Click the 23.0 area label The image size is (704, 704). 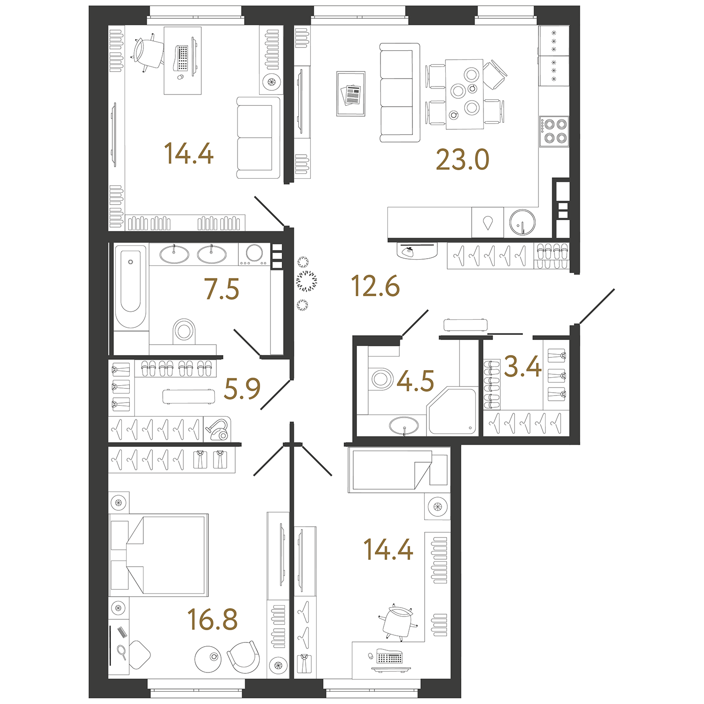pyautogui.click(x=463, y=159)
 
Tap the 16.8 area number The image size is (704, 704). pyautogui.click(x=213, y=619)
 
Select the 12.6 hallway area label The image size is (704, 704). pyautogui.click(x=375, y=286)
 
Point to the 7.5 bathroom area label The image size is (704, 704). pyautogui.click(x=221, y=289)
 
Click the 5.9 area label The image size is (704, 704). pyautogui.click(x=242, y=388)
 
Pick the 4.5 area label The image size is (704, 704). pyautogui.click(x=416, y=380)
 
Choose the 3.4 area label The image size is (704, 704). pyautogui.click(x=523, y=366)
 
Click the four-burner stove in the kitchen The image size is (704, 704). pyautogui.click(x=554, y=132)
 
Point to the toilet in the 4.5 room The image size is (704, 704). pyautogui.click(x=381, y=379)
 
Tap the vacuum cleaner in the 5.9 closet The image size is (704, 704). pyautogui.click(x=217, y=429)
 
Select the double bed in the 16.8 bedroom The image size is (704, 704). pyautogui.click(x=159, y=555)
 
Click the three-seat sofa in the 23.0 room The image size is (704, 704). pyautogui.click(x=400, y=93)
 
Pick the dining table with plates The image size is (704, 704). pyautogui.click(x=465, y=94)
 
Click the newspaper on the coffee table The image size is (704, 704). pyautogui.click(x=351, y=95)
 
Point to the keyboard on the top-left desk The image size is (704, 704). pyautogui.click(x=182, y=58)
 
